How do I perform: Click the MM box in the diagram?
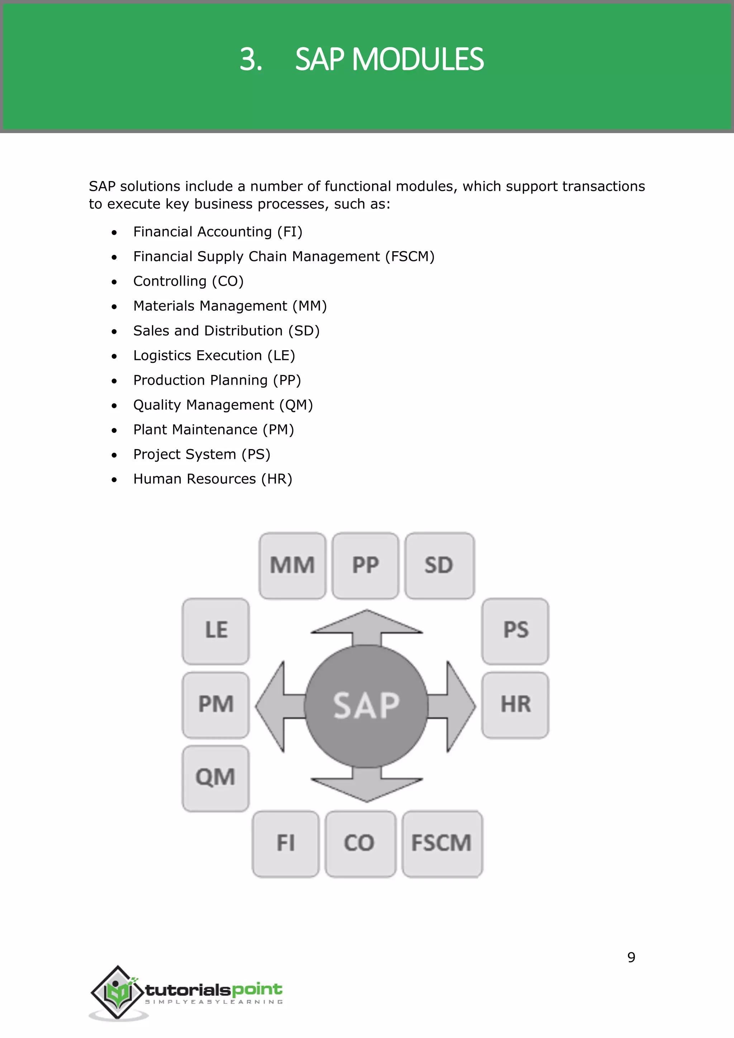[292, 566]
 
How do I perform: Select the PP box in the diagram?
[365, 566]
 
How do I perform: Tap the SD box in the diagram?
[439, 566]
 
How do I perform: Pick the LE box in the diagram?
[216, 631]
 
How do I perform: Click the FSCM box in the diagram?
[442, 843]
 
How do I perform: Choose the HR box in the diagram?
[515, 705]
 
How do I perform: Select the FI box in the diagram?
[286, 843]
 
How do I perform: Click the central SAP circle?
[366, 706]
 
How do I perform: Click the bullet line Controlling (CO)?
[189, 281]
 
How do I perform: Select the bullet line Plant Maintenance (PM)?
[213, 429]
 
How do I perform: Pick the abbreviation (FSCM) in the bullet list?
[410, 256]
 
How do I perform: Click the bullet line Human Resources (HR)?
[213, 479]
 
